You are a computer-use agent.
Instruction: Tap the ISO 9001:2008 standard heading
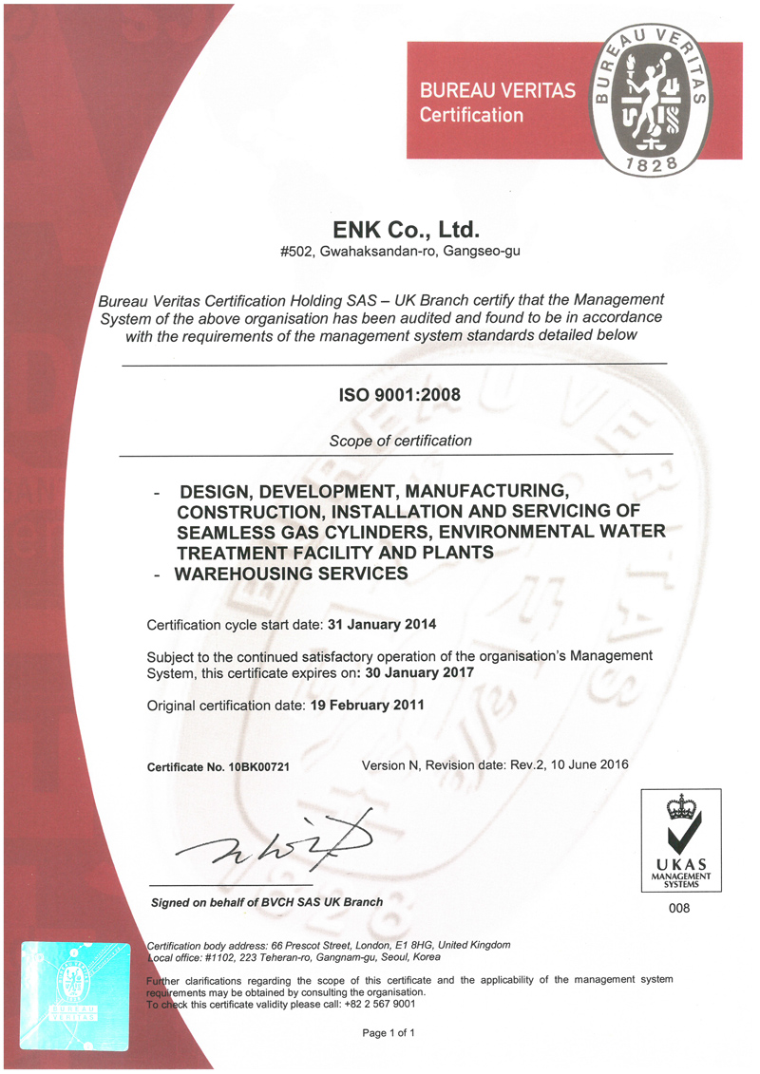click(x=398, y=392)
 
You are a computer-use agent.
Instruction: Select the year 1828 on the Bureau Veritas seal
click(x=652, y=164)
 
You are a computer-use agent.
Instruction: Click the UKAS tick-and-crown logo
click(x=679, y=833)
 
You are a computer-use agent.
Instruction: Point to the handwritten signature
click(x=285, y=838)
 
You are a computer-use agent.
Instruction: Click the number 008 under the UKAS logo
click(x=679, y=909)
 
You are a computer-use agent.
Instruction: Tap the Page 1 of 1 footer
click(x=389, y=1032)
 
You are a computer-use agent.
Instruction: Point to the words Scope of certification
click(x=400, y=441)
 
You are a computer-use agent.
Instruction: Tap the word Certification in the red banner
click(x=471, y=115)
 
